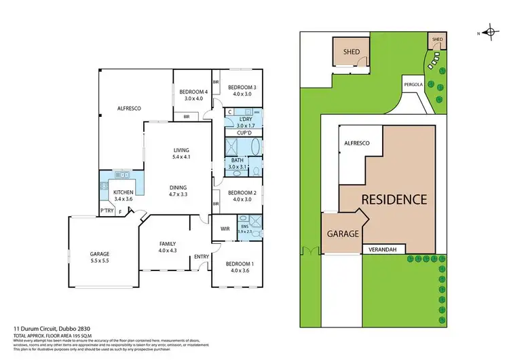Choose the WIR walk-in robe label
pyautogui.click(x=225, y=229)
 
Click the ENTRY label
pyautogui.click(x=202, y=256)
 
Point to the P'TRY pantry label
pyautogui.click(x=107, y=212)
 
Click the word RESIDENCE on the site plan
pyautogui.click(x=394, y=200)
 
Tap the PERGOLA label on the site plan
pyautogui.click(x=412, y=85)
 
